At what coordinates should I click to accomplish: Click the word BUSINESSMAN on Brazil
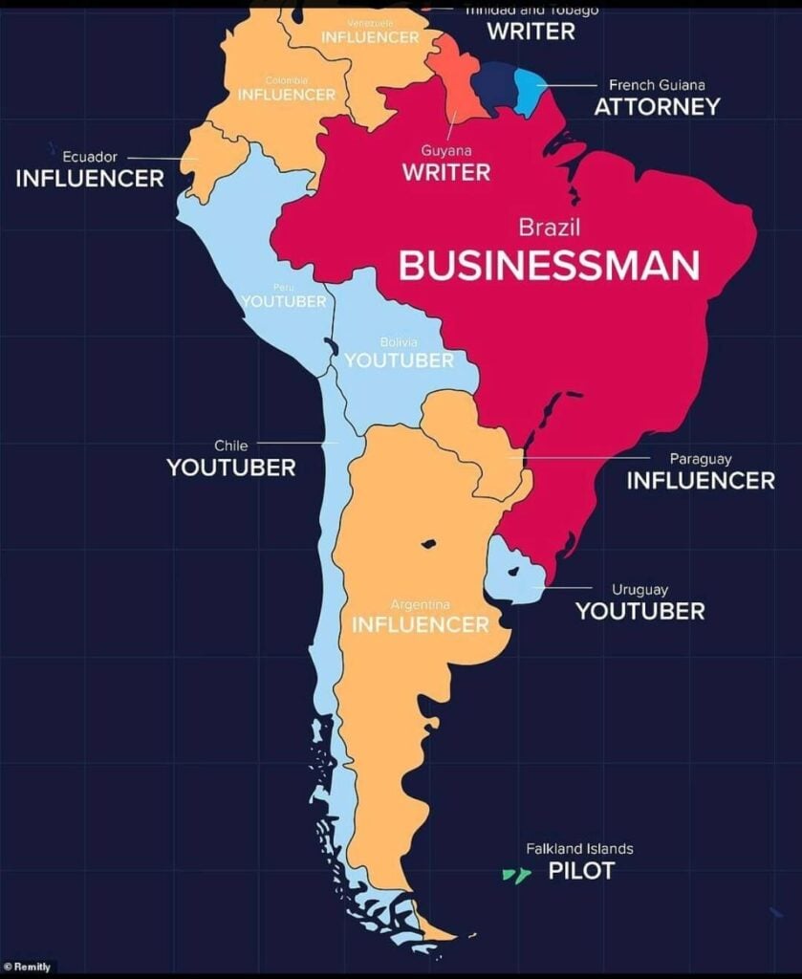click(549, 266)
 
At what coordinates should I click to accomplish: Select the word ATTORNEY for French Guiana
click(656, 107)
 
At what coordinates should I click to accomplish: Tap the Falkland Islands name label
click(579, 848)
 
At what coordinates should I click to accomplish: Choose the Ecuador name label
click(90, 157)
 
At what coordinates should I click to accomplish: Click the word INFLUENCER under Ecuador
click(90, 179)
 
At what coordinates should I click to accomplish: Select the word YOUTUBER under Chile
click(230, 468)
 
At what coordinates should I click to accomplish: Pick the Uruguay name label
click(639, 590)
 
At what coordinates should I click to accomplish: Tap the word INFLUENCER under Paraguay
click(700, 481)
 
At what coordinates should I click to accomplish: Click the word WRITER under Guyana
click(445, 173)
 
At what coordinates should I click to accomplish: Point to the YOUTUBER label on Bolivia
click(399, 360)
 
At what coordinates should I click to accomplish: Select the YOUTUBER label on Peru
click(284, 302)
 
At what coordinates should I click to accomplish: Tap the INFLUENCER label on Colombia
click(286, 95)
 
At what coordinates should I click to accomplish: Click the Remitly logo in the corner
click(29, 968)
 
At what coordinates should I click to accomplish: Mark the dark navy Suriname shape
click(494, 82)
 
